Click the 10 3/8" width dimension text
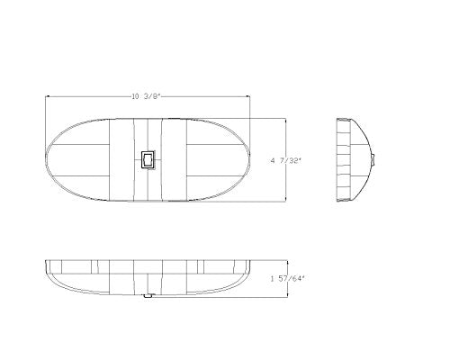(x=147, y=96)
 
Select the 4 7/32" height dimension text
(x=285, y=161)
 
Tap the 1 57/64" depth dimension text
(x=287, y=279)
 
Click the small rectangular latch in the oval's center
(x=148, y=159)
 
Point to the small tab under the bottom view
(x=148, y=295)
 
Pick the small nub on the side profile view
(x=373, y=160)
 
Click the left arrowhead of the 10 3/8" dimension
(x=47, y=96)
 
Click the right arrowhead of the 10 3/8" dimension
(x=248, y=96)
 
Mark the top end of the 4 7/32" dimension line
(x=285, y=118)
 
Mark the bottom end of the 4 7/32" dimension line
(x=285, y=202)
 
